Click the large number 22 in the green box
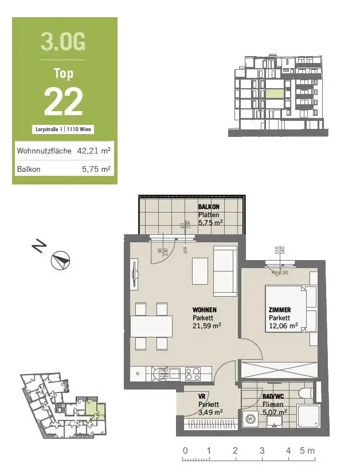pyautogui.click(x=64, y=102)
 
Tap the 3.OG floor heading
pyautogui.click(x=64, y=41)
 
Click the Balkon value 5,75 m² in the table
pyautogui.click(x=97, y=170)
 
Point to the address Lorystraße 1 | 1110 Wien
pyautogui.click(x=64, y=130)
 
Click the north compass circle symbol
pyautogui.click(x=60, y=261)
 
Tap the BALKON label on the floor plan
pyautogui.click(x=209, y=207)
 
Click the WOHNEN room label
pyautogui.click(x=204, y=310)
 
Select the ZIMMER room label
pyautogui.click(x=279, y=310)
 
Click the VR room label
pyautogui.click(x=202, y=396)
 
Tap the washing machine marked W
pyautogui.click(x=251, y=419)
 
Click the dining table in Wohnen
pyautogui.click(x=151, y=327)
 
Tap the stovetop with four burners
pyautogui.click(x=192, y=374)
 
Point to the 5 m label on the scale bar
pyautogui.click(x=308, y=451)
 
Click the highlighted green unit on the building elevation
pyautogui.click(x=273, y=94)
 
